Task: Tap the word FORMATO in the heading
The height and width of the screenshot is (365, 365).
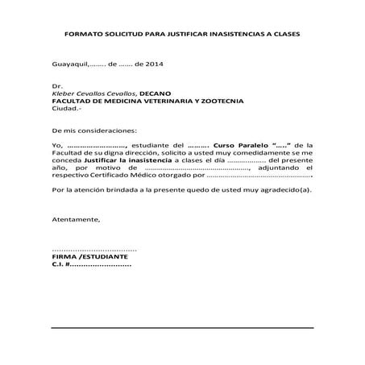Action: tap(83, 37)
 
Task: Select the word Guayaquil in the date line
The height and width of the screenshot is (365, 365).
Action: tap(68, 63)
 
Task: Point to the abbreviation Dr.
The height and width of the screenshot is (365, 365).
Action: tap(56, 85)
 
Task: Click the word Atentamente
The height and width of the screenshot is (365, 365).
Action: tap(76, 219)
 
